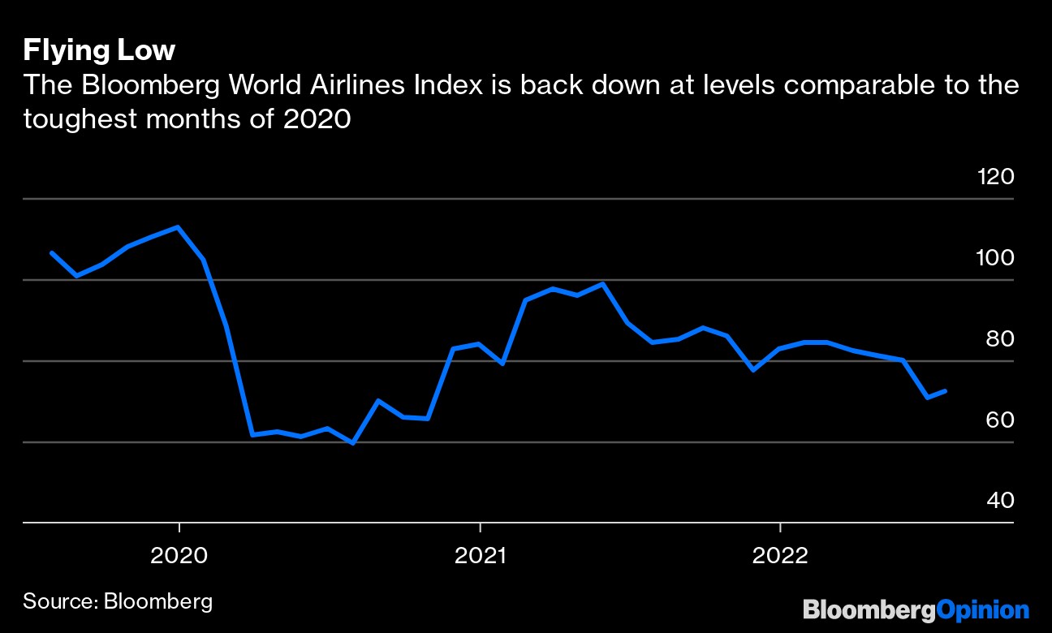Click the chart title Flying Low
pyautogui.click(x=99, y=51)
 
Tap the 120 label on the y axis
pyautogui.click(x=996, y=176)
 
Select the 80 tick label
pyautogui.click(x=998, y=339)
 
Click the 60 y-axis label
pyautogui.click(x=998, y=420)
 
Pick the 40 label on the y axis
pyautogui.click(x=998, y=501)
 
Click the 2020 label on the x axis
pyautogui.click(x=179, y=556)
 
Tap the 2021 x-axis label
pyautogui.click(x=480, y=556)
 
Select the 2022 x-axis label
pyautogui.click(x=779, y=556)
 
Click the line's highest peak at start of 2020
pyautogui.click(x=178, y=227)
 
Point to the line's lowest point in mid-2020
pyautogui.click(x=352, y=443)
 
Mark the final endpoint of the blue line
pyautogui.click(x=946, y=391)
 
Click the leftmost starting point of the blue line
pyautogui.click(x=51, y=252)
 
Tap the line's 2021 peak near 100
pyautogui.click(x=602, y=284)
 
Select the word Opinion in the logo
pyautogui.click(x=982, y=609)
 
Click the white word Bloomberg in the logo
pyautogui.click(x=869, y=609)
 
